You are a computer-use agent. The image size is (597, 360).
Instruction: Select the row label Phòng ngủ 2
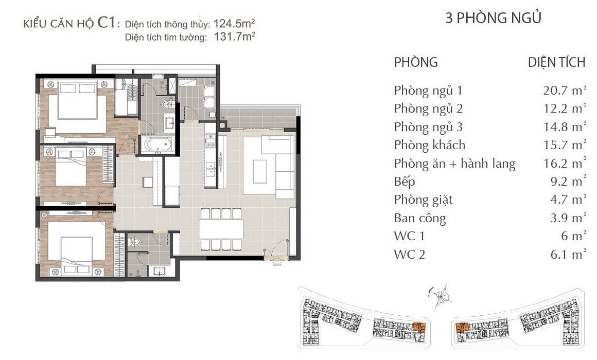(x=428, y=109)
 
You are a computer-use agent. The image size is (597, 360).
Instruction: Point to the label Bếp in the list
(x=405, y=182)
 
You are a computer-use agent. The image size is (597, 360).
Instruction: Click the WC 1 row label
(x=409, y=236)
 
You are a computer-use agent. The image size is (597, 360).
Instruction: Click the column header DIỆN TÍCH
(x=557, y=62)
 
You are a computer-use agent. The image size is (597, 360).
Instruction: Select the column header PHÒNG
(x=416, y=62)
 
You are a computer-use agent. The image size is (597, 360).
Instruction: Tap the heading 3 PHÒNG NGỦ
(x=494, y=18)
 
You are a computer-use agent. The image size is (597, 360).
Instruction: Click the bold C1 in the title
(x=106, y=23)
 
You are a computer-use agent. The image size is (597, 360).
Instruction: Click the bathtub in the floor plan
(x=157, y=145)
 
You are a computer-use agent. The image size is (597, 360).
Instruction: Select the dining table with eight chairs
(x=221, y=229)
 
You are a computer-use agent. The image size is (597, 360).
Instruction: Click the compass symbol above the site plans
(x=442, y=296)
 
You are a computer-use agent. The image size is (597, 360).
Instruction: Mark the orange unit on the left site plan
(x=419, y=327)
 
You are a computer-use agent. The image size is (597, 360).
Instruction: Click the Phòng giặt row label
(x=424, y=200)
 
